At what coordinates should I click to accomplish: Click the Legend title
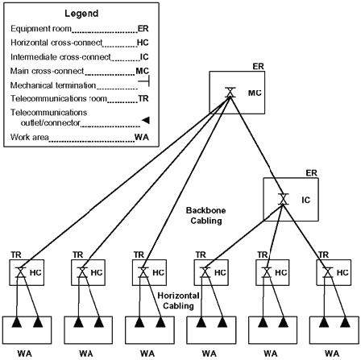(81, 14)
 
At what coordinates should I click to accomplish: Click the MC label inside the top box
(255, 93)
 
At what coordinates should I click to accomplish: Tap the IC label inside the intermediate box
(305, 200)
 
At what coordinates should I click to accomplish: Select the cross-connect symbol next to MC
(230, 93)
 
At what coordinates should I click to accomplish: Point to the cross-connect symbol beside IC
(283, 199)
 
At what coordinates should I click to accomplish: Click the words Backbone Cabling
(206, 215)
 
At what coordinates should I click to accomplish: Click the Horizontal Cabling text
(178, 300)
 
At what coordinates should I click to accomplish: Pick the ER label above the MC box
(258, 66)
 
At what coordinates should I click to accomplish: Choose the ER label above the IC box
(311, 173)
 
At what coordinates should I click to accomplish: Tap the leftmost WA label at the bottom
(25, 354)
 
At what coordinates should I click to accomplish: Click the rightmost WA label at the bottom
(332, 354)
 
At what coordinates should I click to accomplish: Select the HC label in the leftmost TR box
(35, 273)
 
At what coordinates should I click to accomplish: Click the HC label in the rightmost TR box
(342, 273)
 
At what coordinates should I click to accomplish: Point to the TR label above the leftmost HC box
(16, 254)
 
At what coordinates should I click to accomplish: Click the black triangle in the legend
(145, 120)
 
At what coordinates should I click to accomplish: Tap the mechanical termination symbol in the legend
(143, 81)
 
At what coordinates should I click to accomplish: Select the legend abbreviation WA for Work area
(142, 138)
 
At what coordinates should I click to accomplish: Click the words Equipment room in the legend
(41, 29)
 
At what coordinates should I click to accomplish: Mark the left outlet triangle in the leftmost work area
(16, 322)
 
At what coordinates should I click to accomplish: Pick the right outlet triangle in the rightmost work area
(345, 322)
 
